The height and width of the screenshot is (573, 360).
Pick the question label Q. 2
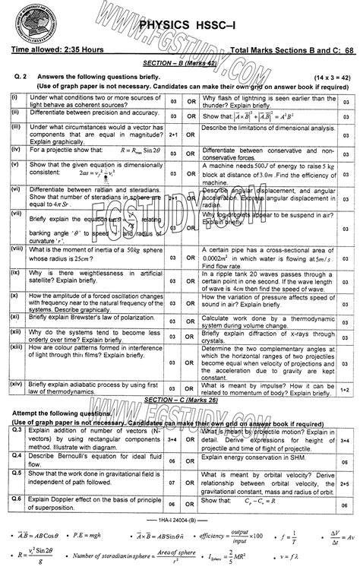point(20,78)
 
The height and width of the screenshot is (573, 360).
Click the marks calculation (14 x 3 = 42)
point(324,78)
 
